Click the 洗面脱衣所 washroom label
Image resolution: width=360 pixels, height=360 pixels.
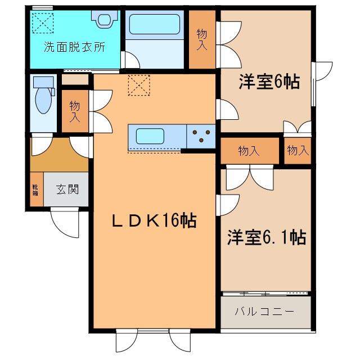[74, 47]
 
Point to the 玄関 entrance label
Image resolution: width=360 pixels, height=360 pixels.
[67, 189]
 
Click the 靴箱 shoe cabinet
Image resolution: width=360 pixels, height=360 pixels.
[35, 189]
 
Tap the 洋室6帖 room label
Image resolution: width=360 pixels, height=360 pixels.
[268, 83]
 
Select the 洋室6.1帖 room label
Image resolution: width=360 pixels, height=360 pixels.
[266, 238]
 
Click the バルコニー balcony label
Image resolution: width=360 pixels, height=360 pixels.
[264, 311]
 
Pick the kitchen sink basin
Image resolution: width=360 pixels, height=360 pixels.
[149, 136]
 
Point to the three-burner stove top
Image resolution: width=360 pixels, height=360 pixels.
[201, 136]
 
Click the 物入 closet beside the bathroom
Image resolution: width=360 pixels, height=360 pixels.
[202, 39]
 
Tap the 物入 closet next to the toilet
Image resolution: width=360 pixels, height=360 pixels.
[74, 111]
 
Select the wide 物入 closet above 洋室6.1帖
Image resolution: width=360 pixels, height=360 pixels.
[249, 151]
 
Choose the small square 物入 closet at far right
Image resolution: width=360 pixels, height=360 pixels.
[297, 150]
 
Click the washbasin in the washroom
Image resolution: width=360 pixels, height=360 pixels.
[105, 20]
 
